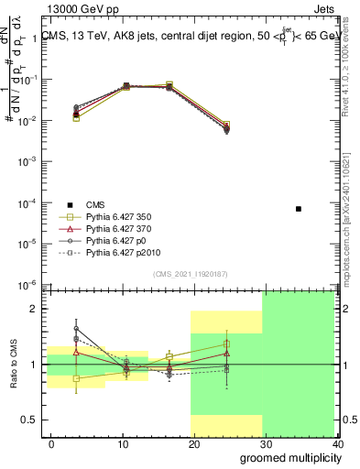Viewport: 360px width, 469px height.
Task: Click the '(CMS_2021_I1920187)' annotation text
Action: [x=190, y=273]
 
